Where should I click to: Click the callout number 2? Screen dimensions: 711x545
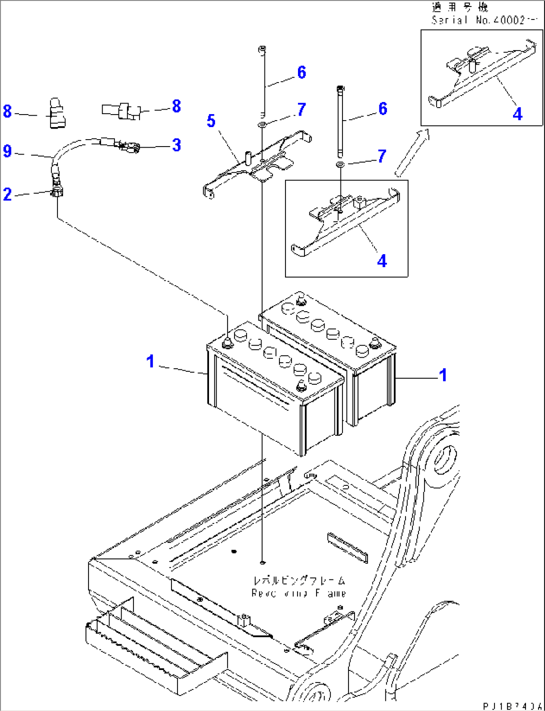tap(7, 194)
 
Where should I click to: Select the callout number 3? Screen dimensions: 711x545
tap(176, 145)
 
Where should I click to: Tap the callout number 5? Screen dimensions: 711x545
tap(211, 121)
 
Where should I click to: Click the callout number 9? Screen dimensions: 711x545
tap(7, 151)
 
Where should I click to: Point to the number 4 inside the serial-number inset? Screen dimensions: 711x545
tap(517, 114)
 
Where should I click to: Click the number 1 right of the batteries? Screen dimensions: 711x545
tap(442, 375)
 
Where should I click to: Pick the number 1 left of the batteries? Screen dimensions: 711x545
tap(150, 361)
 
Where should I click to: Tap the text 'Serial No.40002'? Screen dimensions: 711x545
tap(478, 21)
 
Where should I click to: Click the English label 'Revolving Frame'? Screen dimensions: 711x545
tap(298, 593)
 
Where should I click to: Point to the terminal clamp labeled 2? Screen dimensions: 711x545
tap(57, 192)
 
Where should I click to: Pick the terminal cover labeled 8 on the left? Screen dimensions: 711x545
tap(57, 114)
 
